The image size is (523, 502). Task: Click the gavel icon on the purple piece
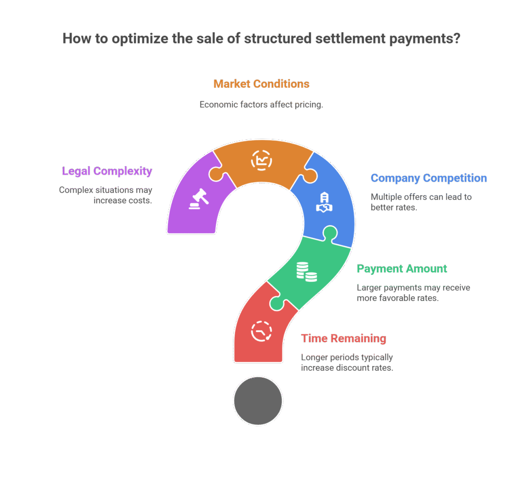(199, 199)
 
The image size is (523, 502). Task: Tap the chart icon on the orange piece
(261, 160)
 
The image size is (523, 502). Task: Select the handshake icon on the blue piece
(324, 202)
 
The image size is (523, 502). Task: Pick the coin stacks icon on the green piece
(307, 272)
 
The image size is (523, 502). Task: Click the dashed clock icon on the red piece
(261, 331)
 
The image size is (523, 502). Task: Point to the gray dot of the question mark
(258, 401)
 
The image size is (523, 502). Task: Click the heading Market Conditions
(261, 84)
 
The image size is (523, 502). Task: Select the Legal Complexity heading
(107, 171)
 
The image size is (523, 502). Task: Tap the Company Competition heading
(429, 178)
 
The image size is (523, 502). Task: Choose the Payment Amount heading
(402, 269)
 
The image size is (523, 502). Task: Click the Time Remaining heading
(344, 339)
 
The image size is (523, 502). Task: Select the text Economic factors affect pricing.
(261, 105)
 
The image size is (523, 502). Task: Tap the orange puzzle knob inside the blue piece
(310, 176)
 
